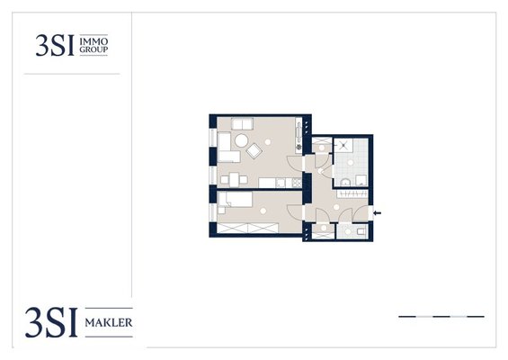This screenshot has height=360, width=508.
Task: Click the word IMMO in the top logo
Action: coord(94,41)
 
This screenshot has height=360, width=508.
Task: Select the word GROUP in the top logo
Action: coord(94,49)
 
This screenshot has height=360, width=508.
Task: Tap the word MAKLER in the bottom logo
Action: coord(109,323)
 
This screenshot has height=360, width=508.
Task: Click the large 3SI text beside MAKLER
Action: coord(51,322)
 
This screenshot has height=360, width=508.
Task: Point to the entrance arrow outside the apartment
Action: coord(378,213)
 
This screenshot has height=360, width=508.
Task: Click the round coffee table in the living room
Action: coord(241,140)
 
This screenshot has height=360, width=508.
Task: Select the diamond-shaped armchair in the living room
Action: coord(254,151)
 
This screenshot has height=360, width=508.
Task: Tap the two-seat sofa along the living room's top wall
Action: coord(243,124)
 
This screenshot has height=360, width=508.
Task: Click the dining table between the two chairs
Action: coord(234,180)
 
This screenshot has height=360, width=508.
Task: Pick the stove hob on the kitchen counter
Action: coord(297,183)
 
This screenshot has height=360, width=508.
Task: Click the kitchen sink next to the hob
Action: coord(281,184)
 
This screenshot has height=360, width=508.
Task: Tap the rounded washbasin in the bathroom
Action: coord(345,183)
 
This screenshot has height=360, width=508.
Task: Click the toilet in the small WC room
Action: coord(361,231)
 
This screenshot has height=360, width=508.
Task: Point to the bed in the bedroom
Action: coord(236,200)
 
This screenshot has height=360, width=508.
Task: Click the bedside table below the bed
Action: coord(221,211)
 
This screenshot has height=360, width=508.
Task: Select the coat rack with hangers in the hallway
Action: coord(352,193)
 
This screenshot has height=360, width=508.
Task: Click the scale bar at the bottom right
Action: coord(441,317)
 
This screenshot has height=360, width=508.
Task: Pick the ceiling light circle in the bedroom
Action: coord(263,211)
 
